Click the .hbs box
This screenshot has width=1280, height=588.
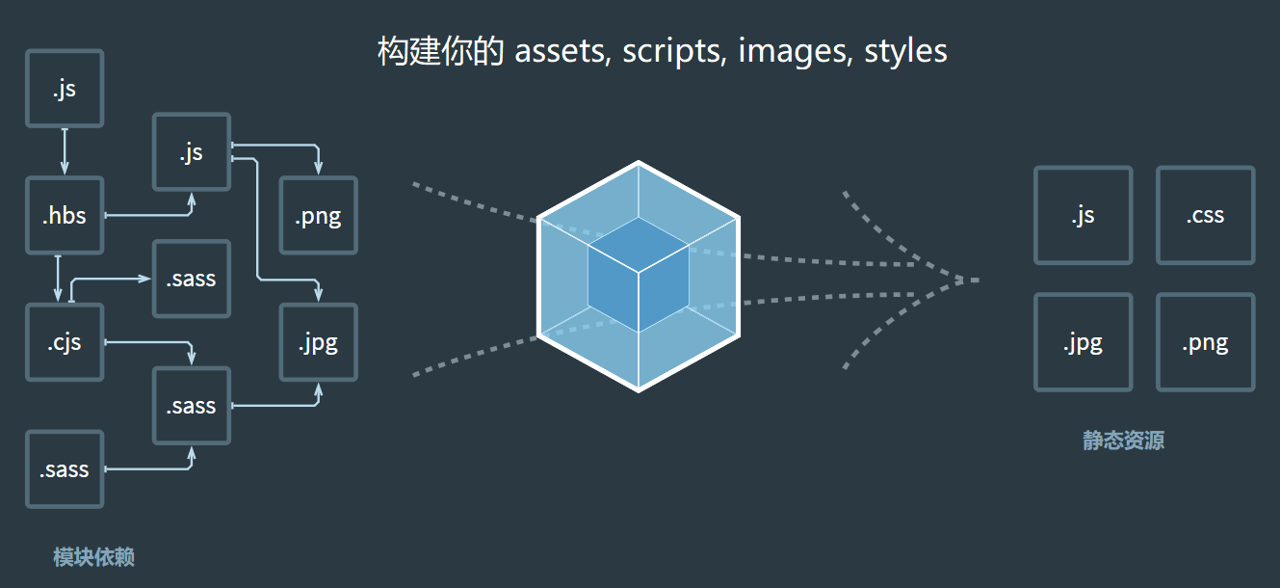65,216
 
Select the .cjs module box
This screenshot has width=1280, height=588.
65,342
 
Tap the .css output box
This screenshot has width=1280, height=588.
1205,215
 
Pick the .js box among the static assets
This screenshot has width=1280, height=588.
1083,215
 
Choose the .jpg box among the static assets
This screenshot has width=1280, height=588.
1083,342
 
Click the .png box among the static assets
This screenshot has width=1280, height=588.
1205,342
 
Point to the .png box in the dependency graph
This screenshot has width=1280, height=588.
318,216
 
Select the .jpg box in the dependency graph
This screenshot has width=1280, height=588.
318,342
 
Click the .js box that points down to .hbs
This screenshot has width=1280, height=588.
65,89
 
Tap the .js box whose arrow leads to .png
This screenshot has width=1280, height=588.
192,152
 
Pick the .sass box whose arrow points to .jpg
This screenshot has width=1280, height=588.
192,406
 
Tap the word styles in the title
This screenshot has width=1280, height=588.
905,51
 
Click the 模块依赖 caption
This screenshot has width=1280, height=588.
93,557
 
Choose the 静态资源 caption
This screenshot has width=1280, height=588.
1123,441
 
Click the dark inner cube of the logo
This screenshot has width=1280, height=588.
638,275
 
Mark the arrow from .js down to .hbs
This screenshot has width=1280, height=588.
65,151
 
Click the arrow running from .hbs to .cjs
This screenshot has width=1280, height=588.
59,279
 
